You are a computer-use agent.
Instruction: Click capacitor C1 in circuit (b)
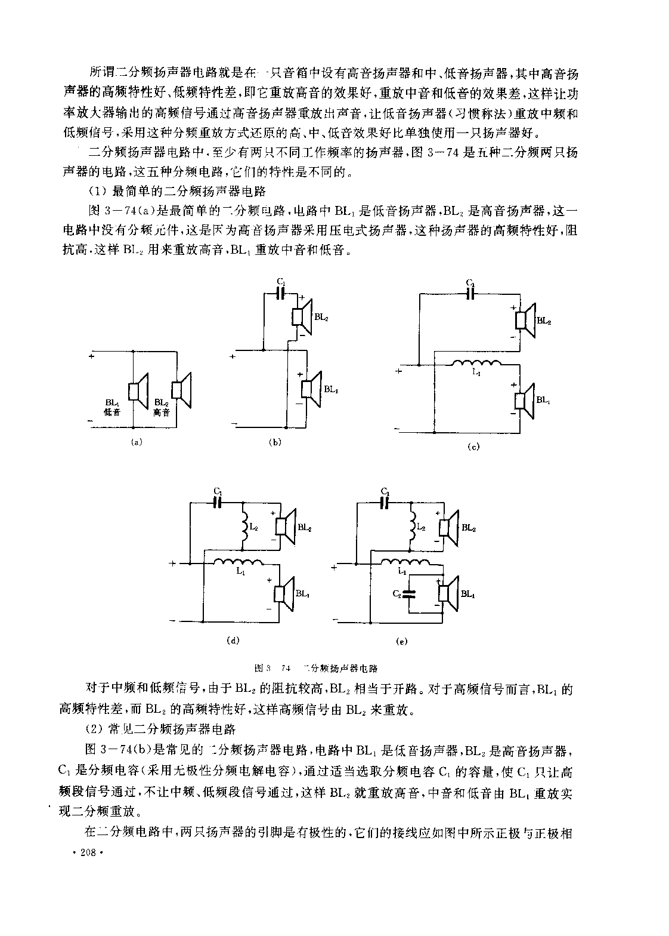tap(281, 292)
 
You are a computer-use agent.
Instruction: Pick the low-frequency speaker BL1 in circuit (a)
tap(139, 392)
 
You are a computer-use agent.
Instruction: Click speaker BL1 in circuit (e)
tap(448, 594)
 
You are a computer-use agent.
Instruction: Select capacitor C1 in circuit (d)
tap(218, 503)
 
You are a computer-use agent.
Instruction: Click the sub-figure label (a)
tap(137, 442)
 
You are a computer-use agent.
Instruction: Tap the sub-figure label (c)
tap(474, 447)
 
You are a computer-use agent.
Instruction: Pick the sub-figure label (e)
tap(401, 641)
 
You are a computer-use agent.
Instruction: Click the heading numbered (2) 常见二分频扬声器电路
tap(162, 729)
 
